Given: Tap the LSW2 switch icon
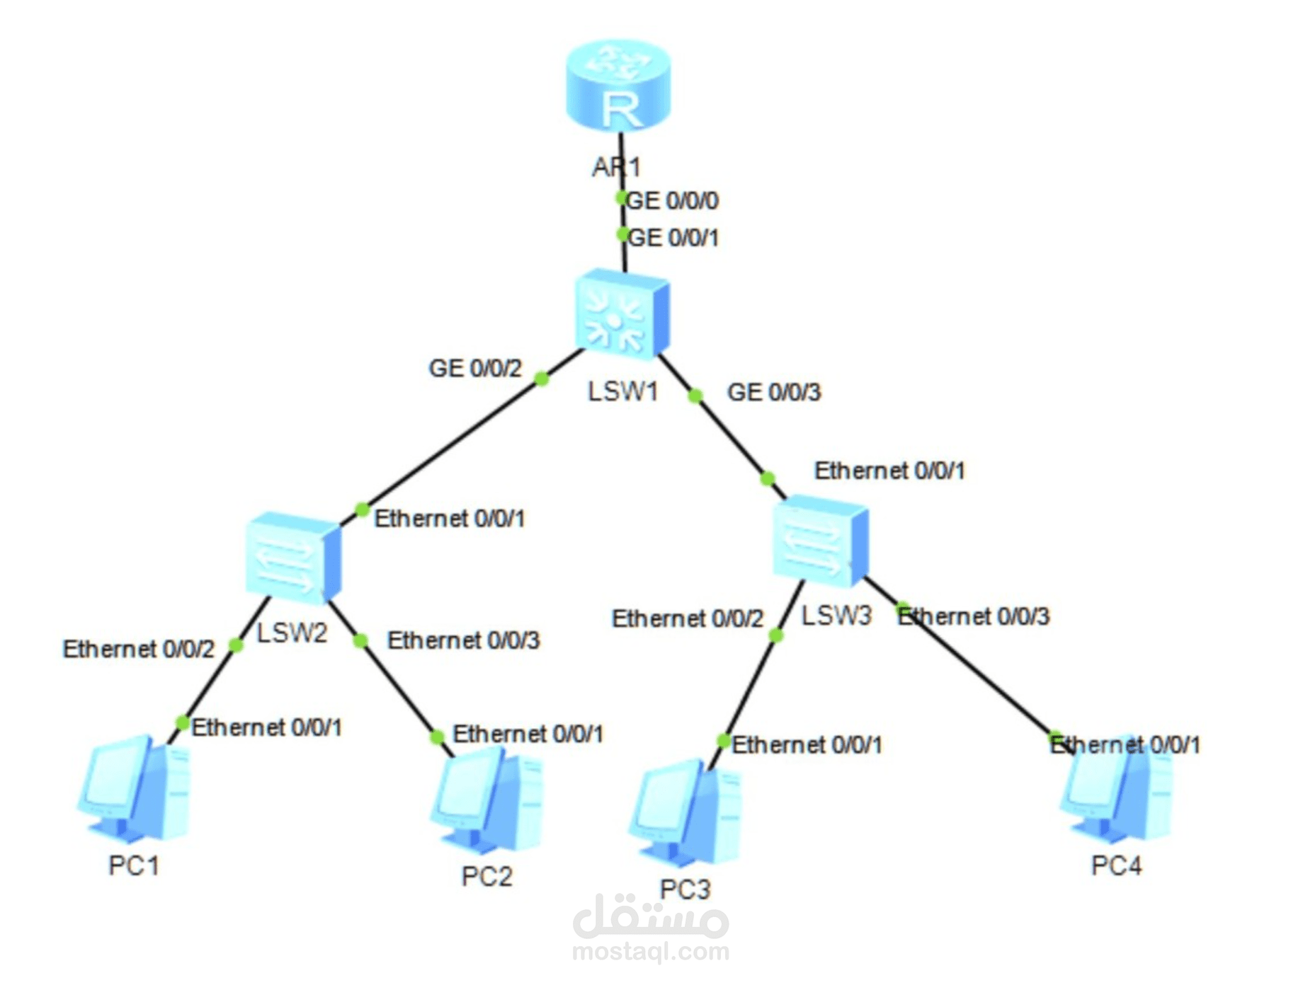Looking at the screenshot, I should [293, 557].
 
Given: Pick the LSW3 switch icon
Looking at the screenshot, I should [820, 541].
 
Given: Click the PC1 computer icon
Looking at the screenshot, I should [135, 789].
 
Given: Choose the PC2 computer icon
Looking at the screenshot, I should [487, 800].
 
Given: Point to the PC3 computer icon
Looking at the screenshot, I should [685, 814].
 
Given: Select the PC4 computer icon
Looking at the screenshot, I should [1116, 793].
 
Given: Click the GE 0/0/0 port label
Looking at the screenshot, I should [673, 201].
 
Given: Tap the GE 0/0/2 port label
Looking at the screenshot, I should [475, 369].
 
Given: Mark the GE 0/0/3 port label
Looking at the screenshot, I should [774, 392].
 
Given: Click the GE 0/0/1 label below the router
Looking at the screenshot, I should [673, 238].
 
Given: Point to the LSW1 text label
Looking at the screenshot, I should [623, 391].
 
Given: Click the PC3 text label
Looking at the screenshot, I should [685, 889].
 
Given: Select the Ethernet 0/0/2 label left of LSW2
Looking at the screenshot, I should [138, 649].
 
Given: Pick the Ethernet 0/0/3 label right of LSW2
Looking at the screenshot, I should [463, 640].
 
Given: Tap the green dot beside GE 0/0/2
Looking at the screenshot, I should [542, 379].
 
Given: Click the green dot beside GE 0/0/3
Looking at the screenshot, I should [695, 396].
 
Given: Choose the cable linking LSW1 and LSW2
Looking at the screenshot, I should [453, 444].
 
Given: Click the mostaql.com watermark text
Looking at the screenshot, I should [650, 952].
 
